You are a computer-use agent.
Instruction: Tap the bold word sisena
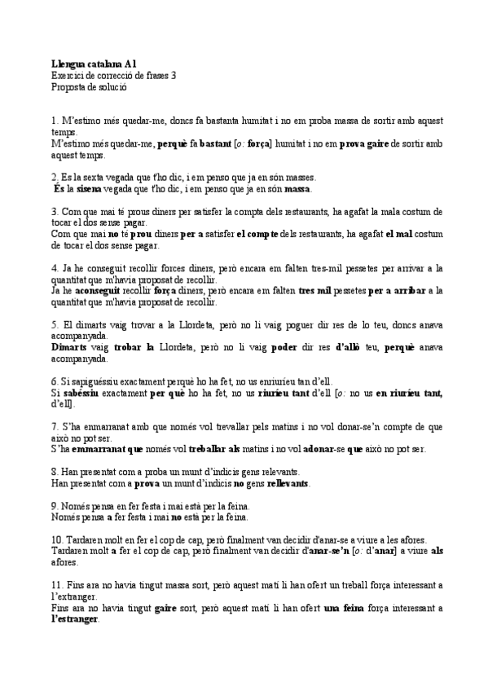click(90, 188)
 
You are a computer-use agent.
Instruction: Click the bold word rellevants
click(288, 483)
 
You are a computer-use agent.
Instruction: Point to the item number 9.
click(54, 505)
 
